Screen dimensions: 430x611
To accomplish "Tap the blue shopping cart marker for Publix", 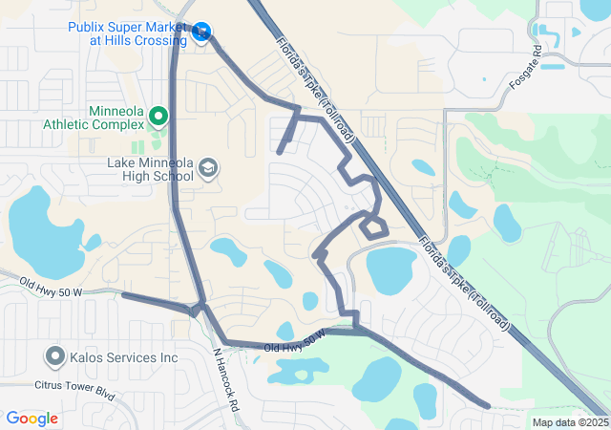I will pos(200,33).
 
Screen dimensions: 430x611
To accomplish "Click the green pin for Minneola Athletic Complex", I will pos(158,118).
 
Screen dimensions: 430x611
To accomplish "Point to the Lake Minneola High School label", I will pos(152,170).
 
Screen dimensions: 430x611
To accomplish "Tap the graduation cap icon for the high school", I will pos(207,170).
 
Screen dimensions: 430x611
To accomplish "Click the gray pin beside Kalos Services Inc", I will pos(54,357).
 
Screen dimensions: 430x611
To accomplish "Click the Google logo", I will pos(32,419).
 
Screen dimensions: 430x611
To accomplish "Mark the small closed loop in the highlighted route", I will pos(373,226).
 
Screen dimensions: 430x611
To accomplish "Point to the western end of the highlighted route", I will pos(124,295).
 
